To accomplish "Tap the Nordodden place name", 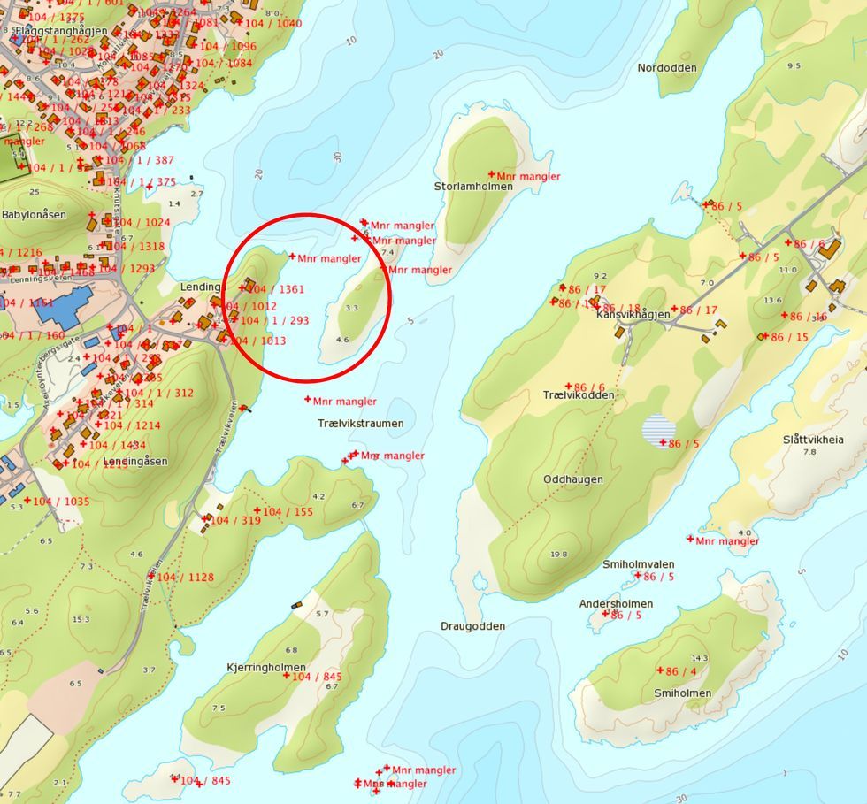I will (x=667, y=68).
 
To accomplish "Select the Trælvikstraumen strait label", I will (x=360, y=424).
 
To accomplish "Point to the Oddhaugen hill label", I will (x=573, y=479).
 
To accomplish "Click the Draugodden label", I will (x=473, y=626).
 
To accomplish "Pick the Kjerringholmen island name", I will (x=266, y=668).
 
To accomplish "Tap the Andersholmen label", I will (x=616, y=604).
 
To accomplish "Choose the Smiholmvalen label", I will (x=639, y=564).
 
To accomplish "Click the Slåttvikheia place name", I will (x=813, y=440).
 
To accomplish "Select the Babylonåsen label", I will (x=34, y=215).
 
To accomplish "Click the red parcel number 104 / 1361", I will (x=275, y=289).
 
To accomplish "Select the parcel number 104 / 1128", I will (x=185, y=578).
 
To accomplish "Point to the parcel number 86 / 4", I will (x=681, y=672).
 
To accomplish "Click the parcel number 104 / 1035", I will (x=61, y=502).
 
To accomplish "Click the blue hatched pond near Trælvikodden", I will (x=658, y=430).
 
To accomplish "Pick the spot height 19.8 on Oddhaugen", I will (x=558, y=555).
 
